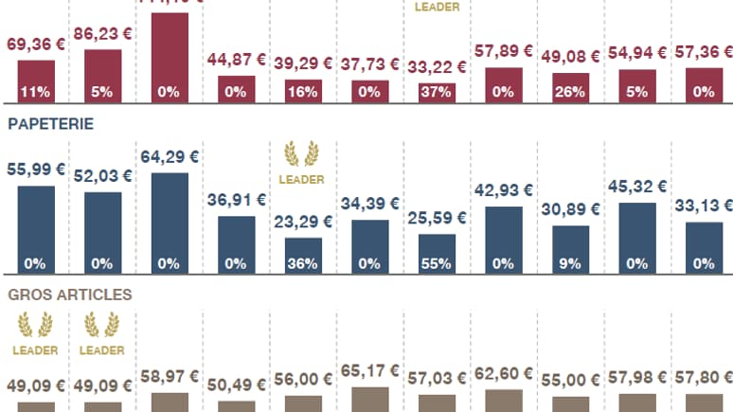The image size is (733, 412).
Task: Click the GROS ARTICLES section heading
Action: (x=69, y=295)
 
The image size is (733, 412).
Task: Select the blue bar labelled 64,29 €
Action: (x=170, y=218)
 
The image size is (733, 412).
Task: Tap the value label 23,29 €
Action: (x=303, y=224)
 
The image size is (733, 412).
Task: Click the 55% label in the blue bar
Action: (x=437, y=263)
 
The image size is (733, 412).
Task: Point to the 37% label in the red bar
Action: (x=437, y=92)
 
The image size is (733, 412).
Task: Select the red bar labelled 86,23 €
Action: (x=103, y=71)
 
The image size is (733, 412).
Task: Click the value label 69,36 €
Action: (x=36, y=45)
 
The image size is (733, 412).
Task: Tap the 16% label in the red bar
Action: (x=303, y=92)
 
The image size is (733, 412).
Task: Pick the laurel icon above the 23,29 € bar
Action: (x=303, y=153)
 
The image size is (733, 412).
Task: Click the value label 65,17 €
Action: (x=369, y=372)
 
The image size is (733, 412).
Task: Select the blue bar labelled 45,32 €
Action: (x=637, y=232)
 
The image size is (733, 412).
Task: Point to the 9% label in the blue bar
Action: (x=570, y=263)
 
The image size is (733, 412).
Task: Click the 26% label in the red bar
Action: (x=570, y=92)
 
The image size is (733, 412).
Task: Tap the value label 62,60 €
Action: (x=504, y=375)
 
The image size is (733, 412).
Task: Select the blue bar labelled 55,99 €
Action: (x=36, y=225)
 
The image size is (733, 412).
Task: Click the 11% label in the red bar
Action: (x=36, y=92)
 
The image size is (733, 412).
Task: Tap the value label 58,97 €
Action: (x=170, y=377)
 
